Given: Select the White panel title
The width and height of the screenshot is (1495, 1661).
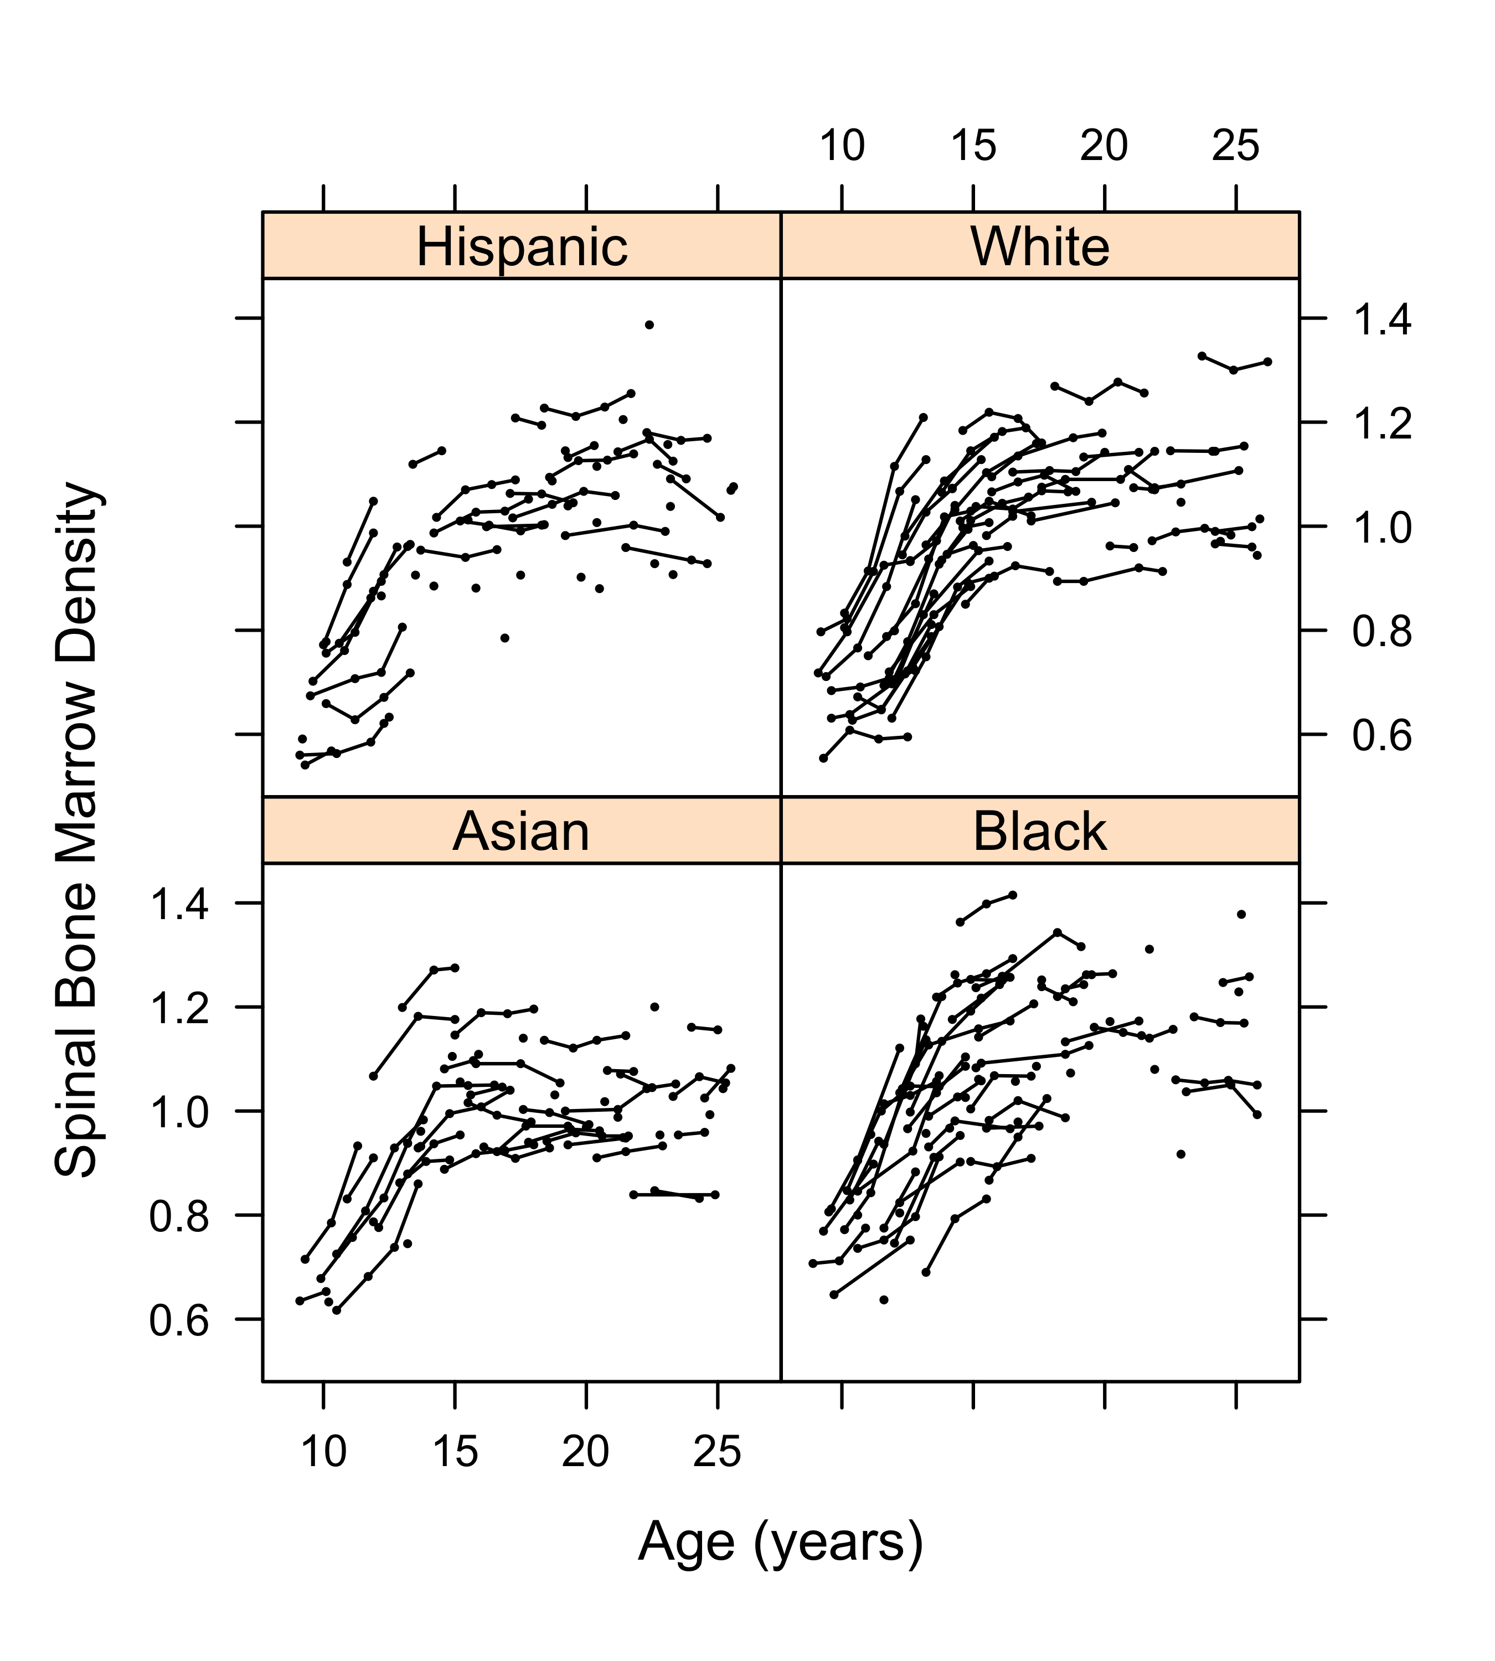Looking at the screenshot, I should click(x=1040, y=246).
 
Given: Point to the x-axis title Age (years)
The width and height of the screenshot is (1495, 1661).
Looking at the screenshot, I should click(x=780, y=1542).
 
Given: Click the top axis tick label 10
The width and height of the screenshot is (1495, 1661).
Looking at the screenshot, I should click(x=842, y=146).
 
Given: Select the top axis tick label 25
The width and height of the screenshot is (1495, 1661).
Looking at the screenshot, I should click(x=1235, y=146).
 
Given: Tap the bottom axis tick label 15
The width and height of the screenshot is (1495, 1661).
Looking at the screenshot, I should click(x=455, y=1452).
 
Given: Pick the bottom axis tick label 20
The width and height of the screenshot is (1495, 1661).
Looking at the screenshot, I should click(x=586, y=1452).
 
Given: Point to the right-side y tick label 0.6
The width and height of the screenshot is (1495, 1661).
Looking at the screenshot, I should click(x=1383, y=736).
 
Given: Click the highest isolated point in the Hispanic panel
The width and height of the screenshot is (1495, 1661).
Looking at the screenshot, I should click(x=649, y=324).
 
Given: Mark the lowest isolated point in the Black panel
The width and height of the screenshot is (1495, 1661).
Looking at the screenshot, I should click(x=884, y=1299).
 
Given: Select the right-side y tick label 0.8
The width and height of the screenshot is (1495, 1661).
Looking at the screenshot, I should click(x=1383, y=632).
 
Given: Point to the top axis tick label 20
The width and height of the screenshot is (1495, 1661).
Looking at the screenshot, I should click(x=1104, y=146).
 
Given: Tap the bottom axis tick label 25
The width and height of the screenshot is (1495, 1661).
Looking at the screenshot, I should click(x=717, y=1452).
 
